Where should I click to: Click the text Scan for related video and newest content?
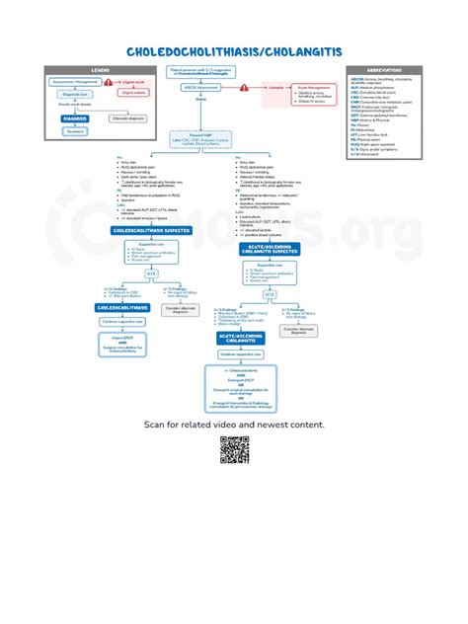(x=234, y=424)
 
